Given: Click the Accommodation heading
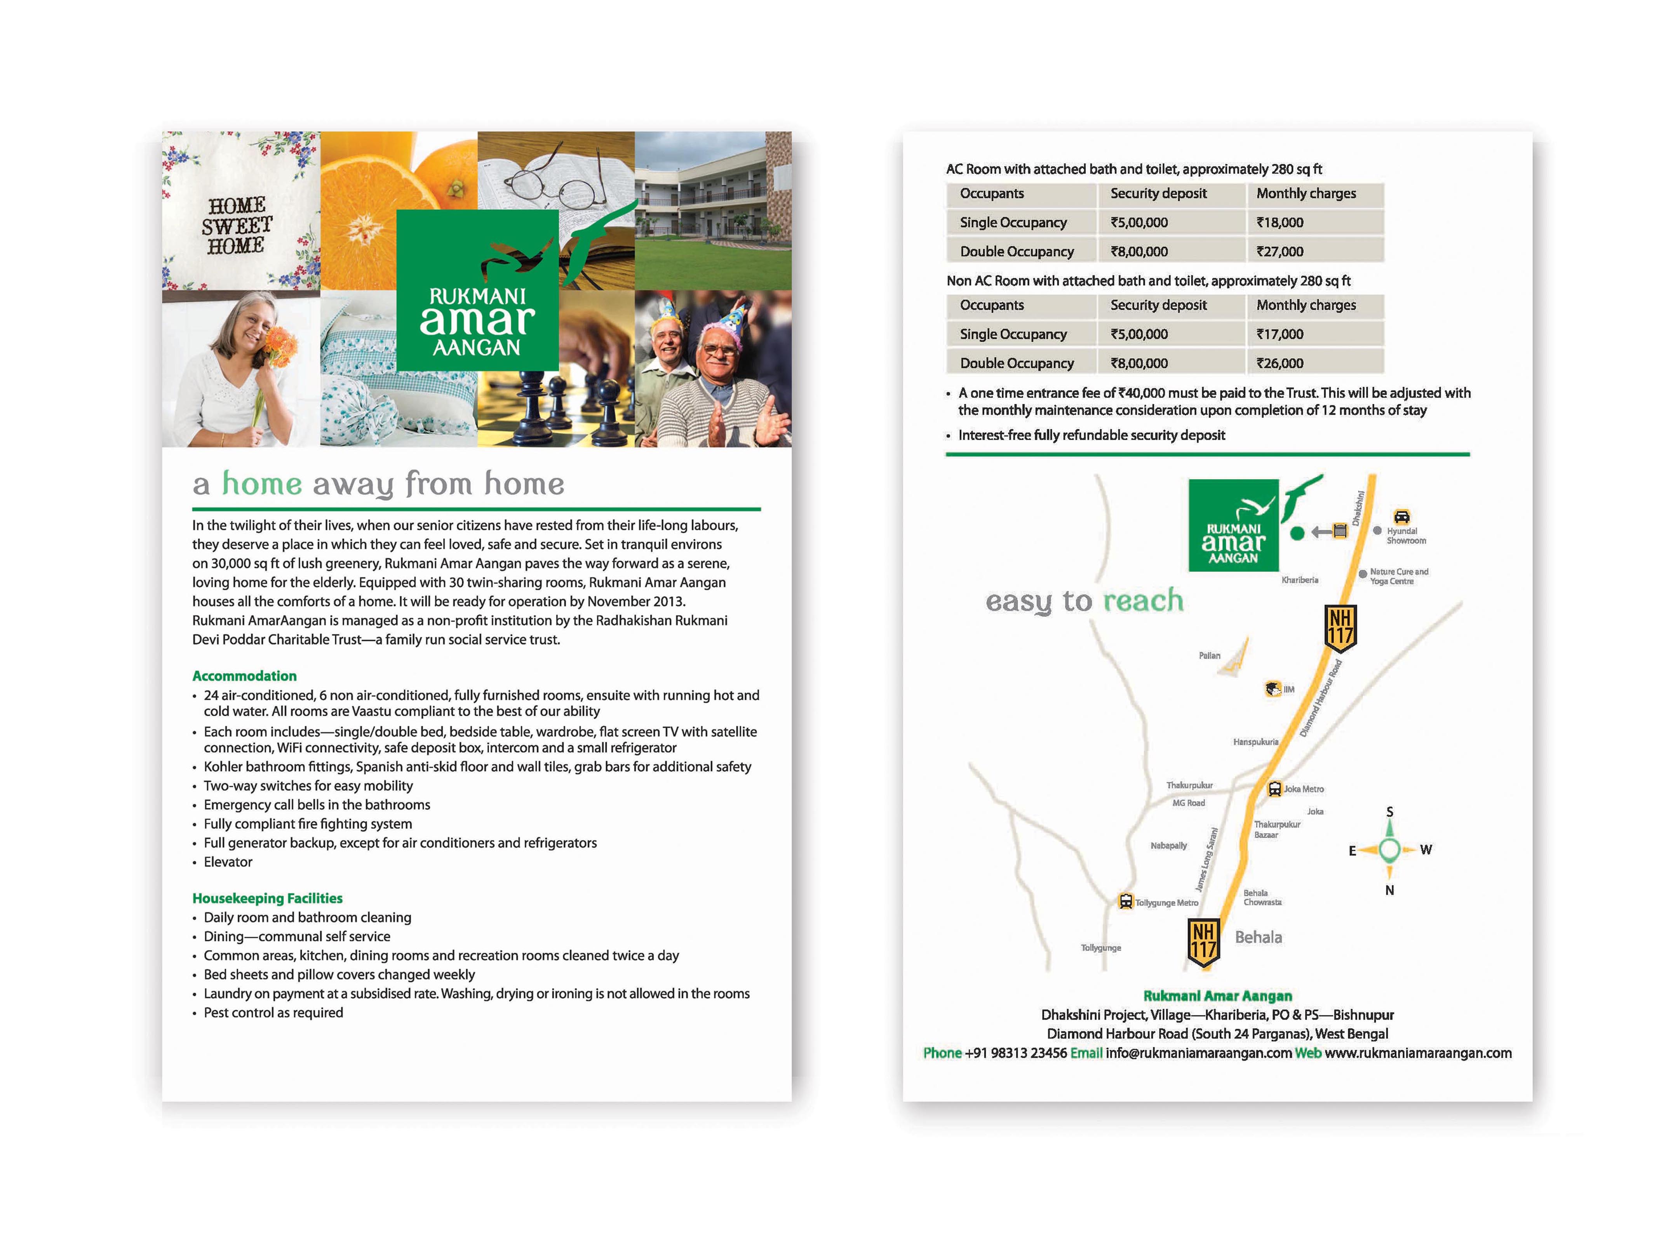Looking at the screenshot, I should tap(244, 676).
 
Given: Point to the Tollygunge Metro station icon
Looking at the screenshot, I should tap(1125, 901).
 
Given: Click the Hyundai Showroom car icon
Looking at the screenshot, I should tap(1401, 517).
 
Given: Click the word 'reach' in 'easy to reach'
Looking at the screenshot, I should tap(1143, 601).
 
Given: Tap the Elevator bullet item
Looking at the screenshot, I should tap(228, 862).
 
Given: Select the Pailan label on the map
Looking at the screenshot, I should tap(1209, 656).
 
